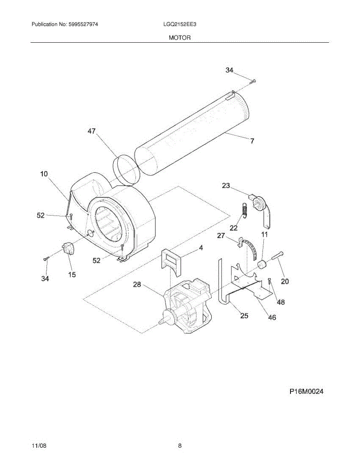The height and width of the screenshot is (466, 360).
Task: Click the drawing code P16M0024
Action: [x=306, y=392]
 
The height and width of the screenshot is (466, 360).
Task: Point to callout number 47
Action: [x=91, y=131]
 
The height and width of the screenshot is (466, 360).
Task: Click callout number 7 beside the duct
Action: [x=252, y=141]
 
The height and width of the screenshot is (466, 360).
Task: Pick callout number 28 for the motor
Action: [x=137, y=285]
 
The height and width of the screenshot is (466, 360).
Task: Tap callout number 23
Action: [x=226, y=186]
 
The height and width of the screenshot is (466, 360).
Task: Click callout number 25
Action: [x=244, y=315]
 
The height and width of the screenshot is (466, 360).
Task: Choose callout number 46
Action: [x=272, y=317]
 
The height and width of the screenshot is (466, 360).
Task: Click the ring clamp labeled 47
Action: [x=126, y=169]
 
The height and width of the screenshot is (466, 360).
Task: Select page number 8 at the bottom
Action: [x=180, y=446]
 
